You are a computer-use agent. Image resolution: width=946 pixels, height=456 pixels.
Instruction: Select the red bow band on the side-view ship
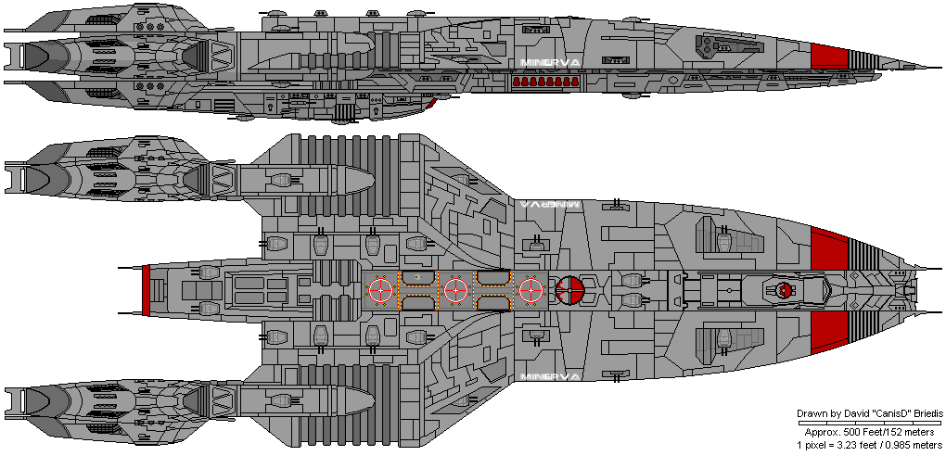[x=829, y=56]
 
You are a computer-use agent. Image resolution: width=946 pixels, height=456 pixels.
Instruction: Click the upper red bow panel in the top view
[x=829, y=251]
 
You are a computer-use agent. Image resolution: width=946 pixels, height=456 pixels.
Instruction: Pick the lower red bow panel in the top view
[x=829, y=333]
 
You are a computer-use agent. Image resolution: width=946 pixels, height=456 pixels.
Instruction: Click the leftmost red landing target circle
[x=380, y=290]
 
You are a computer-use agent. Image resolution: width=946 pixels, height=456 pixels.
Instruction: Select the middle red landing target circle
[x=454, y=290]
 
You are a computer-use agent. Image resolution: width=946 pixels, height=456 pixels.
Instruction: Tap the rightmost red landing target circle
[x=530, y=290]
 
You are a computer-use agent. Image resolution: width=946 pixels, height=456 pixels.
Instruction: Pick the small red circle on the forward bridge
[x=784, y=290]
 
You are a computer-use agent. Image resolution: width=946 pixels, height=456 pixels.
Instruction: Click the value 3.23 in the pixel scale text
[x=850, y=444]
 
